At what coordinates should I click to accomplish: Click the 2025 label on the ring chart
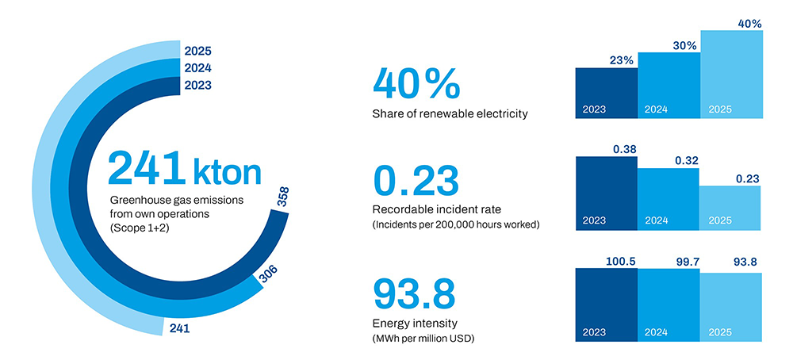tap(197, 52)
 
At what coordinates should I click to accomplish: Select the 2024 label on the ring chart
tap(197, 68)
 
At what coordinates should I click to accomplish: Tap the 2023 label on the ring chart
tap(197, 85)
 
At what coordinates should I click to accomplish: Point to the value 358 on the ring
tap(283, 197)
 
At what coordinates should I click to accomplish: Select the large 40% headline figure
tap(416, 83)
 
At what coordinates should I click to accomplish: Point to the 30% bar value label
tap(684, 46)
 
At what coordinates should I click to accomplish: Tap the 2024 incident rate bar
tap(668, 198)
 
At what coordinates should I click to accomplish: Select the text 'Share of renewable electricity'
tap(450, 114)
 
